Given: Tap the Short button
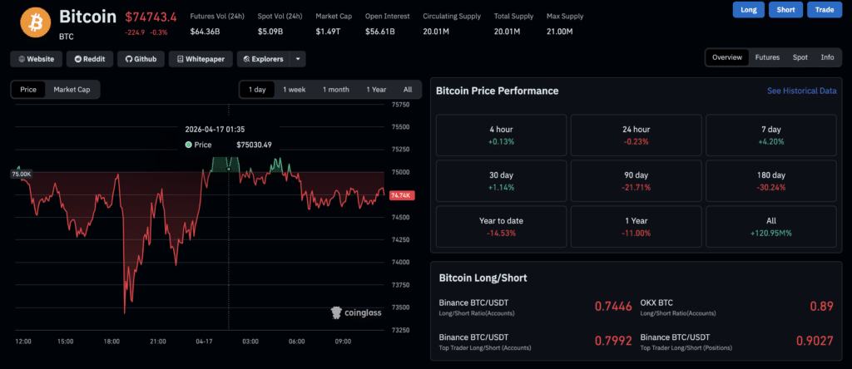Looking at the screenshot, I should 785,10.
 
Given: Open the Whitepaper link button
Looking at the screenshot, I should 201,59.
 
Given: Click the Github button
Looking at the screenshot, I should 141,59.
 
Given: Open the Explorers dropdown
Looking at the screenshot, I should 271,59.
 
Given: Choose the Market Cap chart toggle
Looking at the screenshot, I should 72,89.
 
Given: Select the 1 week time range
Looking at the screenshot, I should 294,89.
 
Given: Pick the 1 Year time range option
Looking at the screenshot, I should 376,89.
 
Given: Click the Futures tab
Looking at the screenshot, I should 767,57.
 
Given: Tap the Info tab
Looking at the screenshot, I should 827,57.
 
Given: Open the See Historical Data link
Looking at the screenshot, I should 801,91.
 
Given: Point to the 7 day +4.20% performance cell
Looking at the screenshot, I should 771,135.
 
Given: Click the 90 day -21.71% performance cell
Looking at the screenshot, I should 636,180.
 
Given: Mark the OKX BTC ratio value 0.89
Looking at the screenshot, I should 821,307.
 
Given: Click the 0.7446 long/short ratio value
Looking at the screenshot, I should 613,307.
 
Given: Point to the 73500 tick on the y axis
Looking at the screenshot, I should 401,307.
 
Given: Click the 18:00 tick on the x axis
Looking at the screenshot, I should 111,342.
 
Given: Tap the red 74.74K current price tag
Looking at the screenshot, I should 401,195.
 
